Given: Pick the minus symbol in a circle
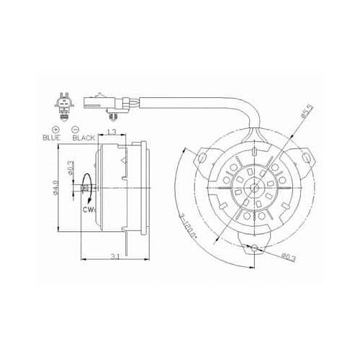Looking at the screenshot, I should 76,128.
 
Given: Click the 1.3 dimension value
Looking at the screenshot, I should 112,132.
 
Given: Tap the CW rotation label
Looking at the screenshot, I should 89,210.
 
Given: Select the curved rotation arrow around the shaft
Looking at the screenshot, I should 86,189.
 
